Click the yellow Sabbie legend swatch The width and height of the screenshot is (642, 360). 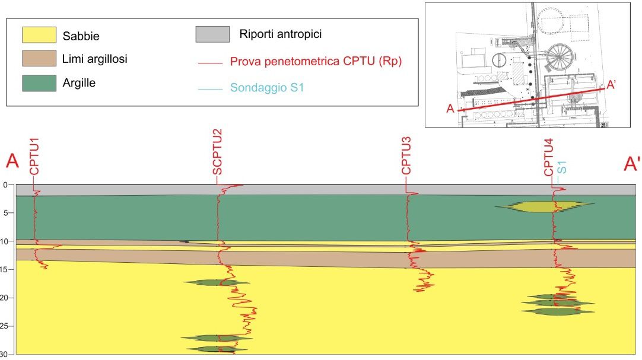coord(39,35)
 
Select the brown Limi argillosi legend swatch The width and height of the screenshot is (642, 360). coord(39,59)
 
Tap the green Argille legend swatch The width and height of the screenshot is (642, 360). coord(39,82)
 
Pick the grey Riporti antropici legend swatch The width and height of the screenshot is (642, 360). coord(212,34)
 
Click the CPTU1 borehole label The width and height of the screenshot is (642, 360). coord(34,156)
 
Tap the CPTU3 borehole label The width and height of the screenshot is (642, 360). coord(406,156)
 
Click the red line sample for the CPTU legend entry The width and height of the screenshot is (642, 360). coord(212,61)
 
